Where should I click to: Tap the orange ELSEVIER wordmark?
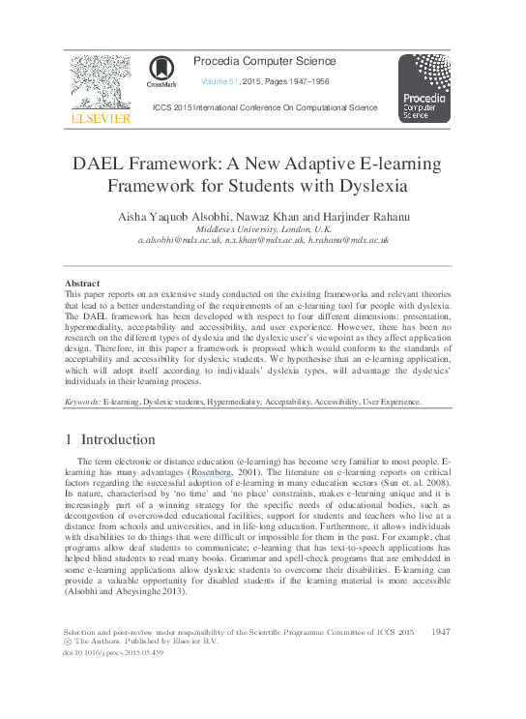click(101, 118)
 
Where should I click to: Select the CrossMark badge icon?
click(161, 70)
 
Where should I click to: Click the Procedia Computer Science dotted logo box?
click(424, 88)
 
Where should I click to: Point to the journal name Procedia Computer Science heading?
click(265, 62)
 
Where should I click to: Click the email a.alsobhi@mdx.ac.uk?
click(180, 239)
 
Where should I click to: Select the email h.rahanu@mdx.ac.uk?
click(348, 239)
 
